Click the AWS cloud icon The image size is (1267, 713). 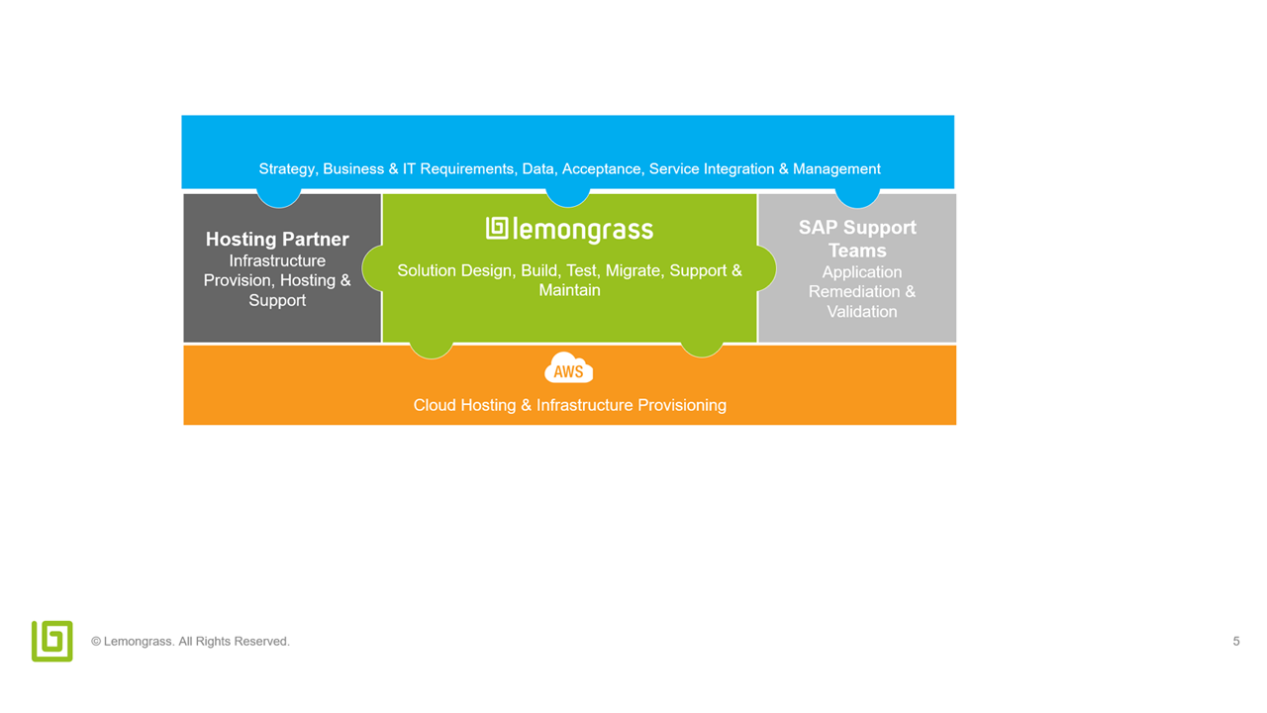tap(568, 368)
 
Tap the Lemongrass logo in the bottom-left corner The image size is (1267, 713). tap(51, 641)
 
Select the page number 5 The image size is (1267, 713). tap(1236, 642)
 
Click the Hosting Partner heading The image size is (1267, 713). tap(277, 239)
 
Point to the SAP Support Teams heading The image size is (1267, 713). tap(857, 239)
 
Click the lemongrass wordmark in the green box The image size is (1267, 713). tap(569, 230)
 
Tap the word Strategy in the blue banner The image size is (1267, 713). tap(286, 169)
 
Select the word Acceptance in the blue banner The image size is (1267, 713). tap(601, 169)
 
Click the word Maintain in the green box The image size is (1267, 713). tap(569, 290)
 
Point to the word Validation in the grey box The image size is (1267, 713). tap(862, 312)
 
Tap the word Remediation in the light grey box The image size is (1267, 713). tap(852, 292)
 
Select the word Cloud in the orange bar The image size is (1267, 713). tap(434, 405)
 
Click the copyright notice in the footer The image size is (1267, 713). tap(190, 642)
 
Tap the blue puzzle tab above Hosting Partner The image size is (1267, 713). tap(279, 197)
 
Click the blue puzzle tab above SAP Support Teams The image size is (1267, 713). tap(857, 197)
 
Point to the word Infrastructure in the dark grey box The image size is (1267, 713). tap(277, 260)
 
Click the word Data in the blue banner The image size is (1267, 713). tap(537, 169)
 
